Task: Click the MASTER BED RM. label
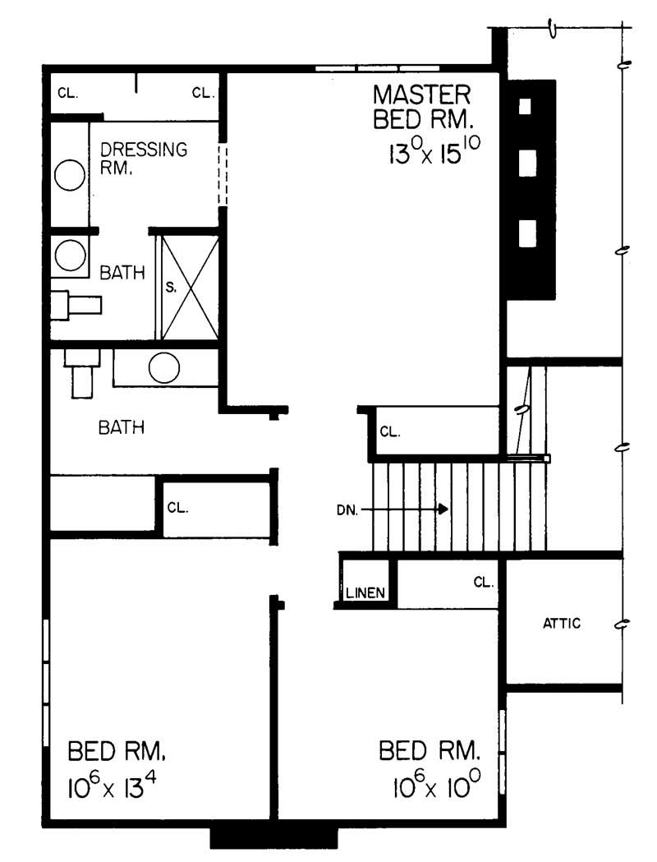tap(422, 107)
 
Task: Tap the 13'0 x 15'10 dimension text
tap(434, 150)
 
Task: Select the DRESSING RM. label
tap(144, 158)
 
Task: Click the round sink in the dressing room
tap(70, 175)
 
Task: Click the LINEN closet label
tap(365, 592)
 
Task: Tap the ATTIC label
tap(562, 623)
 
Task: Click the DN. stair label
tap(347, 510)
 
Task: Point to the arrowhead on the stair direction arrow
tap(443, 509)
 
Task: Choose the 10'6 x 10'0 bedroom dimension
tap(437, 783)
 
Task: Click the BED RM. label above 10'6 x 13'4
tap(117, 751)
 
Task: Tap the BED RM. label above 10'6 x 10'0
tap(429, 750)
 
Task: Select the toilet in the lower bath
tap(82, 374)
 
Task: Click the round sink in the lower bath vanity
tap(164, 367)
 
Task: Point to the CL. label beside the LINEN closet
tap(484, 582)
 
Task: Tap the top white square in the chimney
tap(525, 106)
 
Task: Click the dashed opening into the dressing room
tap(223, 174)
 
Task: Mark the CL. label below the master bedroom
tap(390, 432)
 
